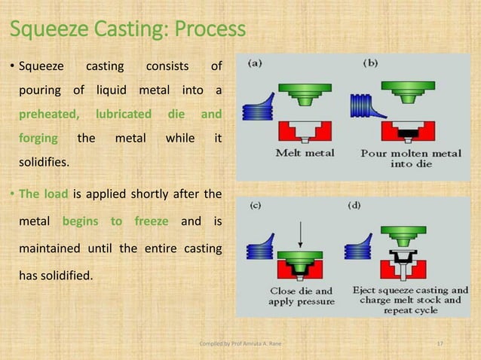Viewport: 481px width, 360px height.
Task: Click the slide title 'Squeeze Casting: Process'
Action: [127, 29]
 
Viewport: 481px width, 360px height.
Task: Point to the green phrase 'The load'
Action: [43, 194]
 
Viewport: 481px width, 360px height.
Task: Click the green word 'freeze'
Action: [152, 221]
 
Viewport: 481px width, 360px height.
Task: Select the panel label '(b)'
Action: [370, 64]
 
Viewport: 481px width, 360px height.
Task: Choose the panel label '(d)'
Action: [354, 204]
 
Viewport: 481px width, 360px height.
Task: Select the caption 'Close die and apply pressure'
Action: [302, 296]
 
